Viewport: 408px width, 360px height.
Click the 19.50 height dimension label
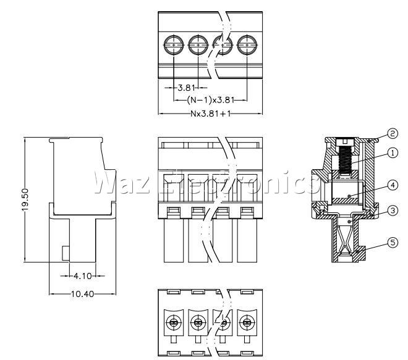point(25,199)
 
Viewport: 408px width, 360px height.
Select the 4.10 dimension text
point(83,276)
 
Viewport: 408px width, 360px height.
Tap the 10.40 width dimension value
point(82,294)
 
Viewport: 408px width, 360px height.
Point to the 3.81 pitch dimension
point(186,88)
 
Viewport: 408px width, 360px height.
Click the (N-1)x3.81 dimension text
point(211,100)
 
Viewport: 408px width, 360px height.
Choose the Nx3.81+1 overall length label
point(211,114)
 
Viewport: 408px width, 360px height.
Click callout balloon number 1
point(393,153)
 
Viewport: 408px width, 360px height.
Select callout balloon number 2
point(393,133)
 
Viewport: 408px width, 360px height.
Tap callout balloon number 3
point(393,211)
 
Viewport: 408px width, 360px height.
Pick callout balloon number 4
point(393,185)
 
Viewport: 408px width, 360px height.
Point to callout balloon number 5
point(393,243)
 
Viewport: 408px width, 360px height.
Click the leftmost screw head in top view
point(174,45)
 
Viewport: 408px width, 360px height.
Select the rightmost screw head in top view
point(247,45)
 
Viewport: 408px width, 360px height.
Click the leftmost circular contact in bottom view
point(172,323)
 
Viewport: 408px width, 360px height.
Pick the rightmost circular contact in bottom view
point(247,323)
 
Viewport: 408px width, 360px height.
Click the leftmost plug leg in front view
point(174,240)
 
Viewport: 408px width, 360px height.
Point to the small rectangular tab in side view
point(66,253)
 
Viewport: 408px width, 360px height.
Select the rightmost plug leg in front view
point(247,240)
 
